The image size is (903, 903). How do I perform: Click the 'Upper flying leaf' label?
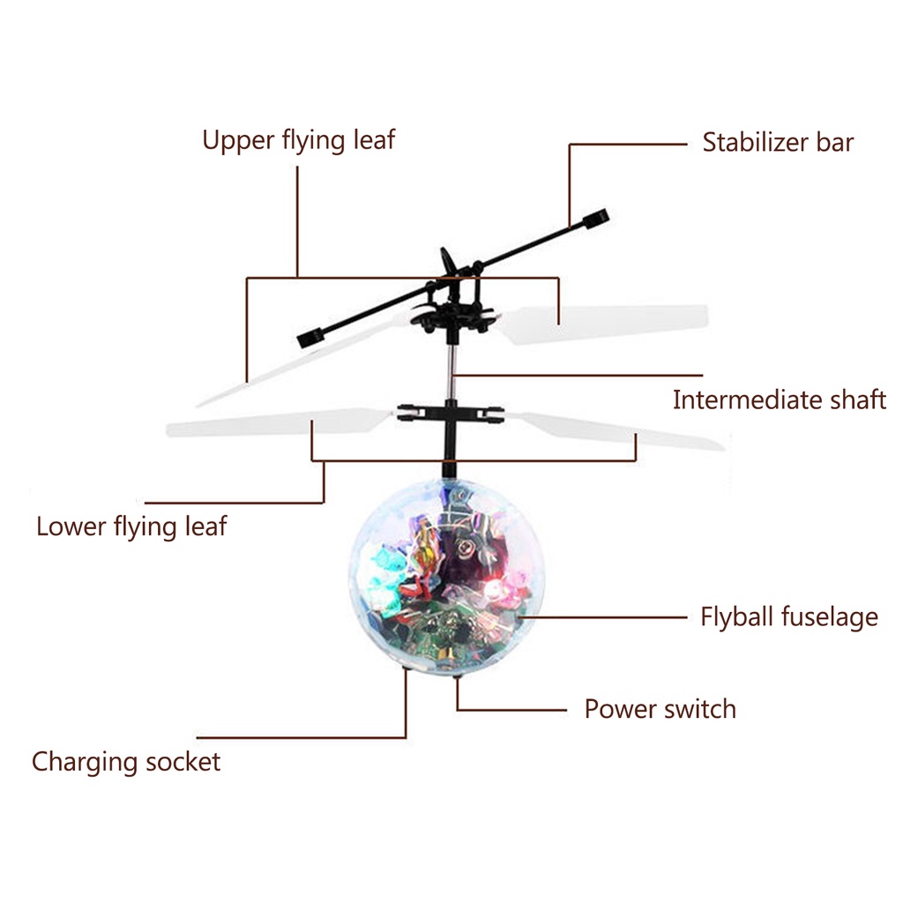pyautogui.click(x=299, y=140)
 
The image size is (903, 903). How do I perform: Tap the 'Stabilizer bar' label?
pyautogui.click(x=778, y=143)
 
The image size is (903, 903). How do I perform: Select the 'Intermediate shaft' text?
pyautogui.click(x=779, y=399)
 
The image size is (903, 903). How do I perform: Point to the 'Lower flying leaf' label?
pyautogui.click(x=131, y=527)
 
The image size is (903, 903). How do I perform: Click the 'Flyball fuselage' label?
pyautogui.click(x=789, y=616)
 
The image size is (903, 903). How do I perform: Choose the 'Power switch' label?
pyautogui.click(x=660, y=709)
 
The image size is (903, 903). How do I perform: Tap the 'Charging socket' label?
pyautogui.click(x=126, y=762)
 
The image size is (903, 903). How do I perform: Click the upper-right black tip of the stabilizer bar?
pyautogui.click(x=597, y=217)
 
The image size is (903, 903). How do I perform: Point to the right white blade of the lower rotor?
pyautogui.click(x=617, y=430)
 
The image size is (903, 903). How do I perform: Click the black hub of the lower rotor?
pyautogui.click(x=450, y=412)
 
